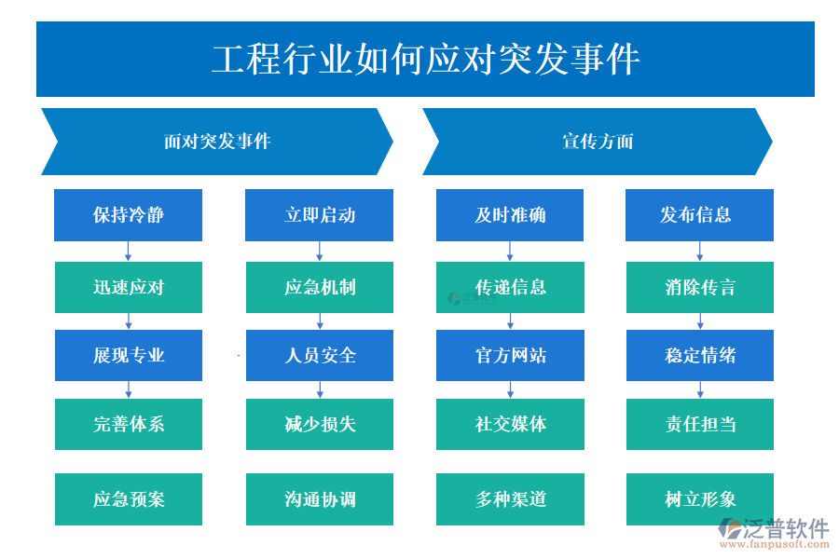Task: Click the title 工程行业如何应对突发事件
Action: (425, 60)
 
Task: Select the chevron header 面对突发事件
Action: (217, 142)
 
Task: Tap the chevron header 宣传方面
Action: (598, 142)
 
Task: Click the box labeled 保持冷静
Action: (129, 215)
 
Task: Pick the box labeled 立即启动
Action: (320, 215)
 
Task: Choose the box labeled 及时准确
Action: (510, 215)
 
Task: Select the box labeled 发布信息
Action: (699, 215)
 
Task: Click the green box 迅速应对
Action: (129, 287)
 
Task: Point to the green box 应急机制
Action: (320, 287)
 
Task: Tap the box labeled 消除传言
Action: (699, 287)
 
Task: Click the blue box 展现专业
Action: (129, 355)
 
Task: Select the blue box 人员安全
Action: (320, 355)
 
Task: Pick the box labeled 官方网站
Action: (510, 355)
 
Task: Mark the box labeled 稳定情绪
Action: (699, 355)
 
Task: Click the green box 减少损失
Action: (320, 424)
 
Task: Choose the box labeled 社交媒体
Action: (510, 424)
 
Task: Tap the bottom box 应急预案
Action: (129, 499)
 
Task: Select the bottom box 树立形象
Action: (699, 499)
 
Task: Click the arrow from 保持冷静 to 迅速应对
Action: (129, 252)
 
